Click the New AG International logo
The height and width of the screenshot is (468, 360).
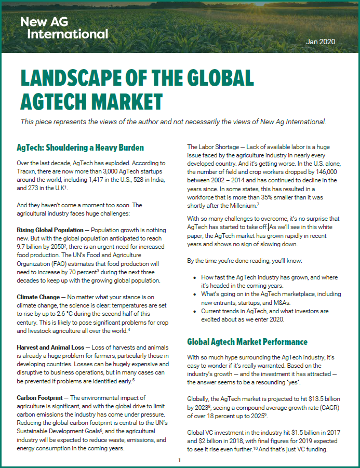point(64,28)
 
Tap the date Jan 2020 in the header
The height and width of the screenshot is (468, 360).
point(321,42)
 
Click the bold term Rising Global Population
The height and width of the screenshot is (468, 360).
point(50,230)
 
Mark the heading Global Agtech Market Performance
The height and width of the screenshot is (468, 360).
point(247,342)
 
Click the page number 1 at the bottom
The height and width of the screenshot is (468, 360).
point(179,460)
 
